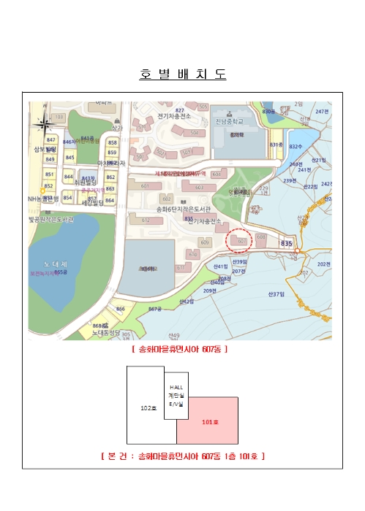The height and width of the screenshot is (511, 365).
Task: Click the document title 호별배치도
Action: pos(182,74)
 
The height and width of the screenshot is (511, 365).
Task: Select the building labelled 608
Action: pos(261,237)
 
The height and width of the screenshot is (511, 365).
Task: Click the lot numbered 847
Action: pos(50,139)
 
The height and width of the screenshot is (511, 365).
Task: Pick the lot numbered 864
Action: pos(110,199)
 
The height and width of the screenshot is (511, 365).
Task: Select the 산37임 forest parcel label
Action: pos(275,294)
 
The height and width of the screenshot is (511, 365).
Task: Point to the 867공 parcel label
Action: pos(154,309)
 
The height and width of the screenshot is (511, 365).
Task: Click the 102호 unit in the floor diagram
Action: pos(146,408)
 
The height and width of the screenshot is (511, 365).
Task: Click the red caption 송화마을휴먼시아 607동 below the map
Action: pos(180,350)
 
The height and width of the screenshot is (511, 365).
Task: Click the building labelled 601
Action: pos(145,186)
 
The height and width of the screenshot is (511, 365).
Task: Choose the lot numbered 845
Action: pos(69,157)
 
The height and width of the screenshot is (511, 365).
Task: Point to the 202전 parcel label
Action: pos(323,264)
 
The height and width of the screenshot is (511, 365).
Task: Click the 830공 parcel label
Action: pos(269,111)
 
